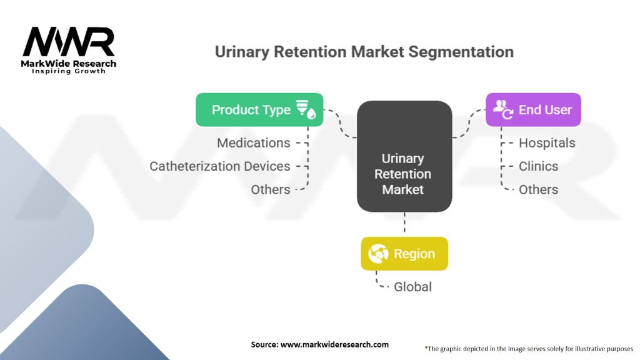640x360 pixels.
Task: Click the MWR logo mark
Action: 69,42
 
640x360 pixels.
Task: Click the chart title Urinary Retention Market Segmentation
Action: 364,52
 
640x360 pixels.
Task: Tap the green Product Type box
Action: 259,110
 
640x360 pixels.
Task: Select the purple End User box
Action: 533,110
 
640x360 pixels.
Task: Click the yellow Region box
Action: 404,254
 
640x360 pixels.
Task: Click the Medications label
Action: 254,143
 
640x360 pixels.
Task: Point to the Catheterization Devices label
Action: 220,166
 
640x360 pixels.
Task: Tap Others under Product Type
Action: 271,189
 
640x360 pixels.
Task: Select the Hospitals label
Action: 547,143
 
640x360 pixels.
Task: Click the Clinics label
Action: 538,166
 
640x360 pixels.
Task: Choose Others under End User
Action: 538,189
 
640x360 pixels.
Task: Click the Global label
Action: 412,287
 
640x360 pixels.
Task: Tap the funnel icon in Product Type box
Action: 306,109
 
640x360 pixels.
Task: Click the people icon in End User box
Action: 502,109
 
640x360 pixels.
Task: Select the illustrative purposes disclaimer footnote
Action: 529,348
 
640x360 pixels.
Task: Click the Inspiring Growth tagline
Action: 69,71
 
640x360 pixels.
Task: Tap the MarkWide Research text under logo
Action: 69,63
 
